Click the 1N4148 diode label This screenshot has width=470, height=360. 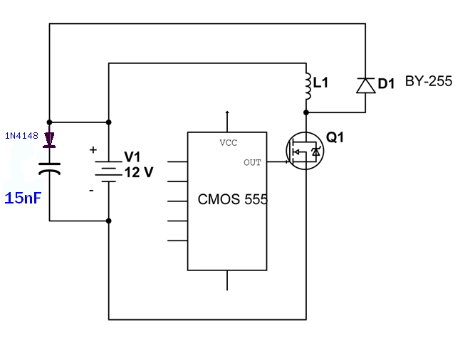click(21, 136)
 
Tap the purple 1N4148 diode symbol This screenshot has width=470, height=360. click(49, 140)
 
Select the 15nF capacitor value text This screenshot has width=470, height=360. click(23, 198)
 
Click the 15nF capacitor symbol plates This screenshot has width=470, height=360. click(49, 169)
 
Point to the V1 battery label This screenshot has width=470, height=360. click(132, 157)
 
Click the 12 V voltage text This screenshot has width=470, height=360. click(139, 172)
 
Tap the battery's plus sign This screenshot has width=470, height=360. click(93, 149)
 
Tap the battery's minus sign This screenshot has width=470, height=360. click(91, 190)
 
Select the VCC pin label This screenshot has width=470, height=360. click(228, 143)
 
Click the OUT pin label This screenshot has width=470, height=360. click(252, 163)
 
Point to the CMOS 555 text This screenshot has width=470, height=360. click(233, 199)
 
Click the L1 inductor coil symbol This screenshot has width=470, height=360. click(308, 86)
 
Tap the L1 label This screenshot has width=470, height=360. click(320, 83)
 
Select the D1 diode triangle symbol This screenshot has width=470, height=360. click(366, 85)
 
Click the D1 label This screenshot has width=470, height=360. click(386, 83)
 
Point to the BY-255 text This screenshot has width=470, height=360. click(428, 81)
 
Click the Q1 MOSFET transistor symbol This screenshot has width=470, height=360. click(305, 151)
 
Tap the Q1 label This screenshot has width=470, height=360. click(335, 137)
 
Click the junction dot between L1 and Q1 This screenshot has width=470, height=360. click(306, 112)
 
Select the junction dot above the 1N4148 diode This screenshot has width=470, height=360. click(49, 122)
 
